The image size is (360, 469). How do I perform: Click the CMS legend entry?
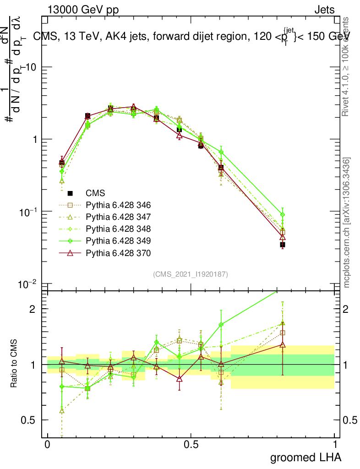(94, 193)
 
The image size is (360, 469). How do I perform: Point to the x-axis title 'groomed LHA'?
(305, 457)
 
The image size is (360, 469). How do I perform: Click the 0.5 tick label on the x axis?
(191, 444)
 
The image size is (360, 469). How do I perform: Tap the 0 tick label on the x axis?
(47, 444)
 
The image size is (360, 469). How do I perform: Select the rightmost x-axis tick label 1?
(335, 444)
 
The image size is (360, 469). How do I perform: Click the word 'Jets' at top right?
(324, 10)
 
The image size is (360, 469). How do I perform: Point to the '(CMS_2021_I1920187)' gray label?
(191, 274)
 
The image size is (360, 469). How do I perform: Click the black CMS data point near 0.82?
(283, 245)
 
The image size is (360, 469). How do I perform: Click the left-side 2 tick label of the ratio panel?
(33, 309)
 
